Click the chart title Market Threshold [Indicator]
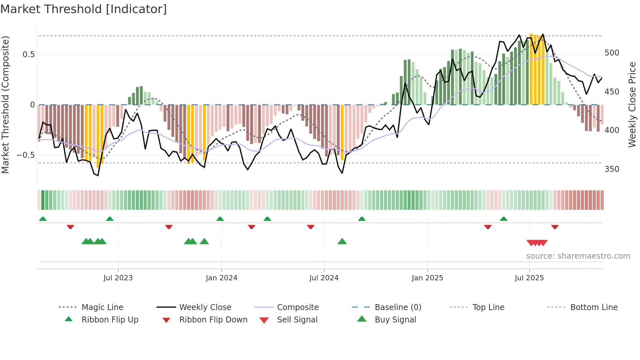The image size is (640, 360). [x=84, y=9]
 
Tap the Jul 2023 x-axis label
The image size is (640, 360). [x=118, y=278]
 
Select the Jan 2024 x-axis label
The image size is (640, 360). [x=221, y=278]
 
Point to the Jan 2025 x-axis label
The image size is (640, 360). [x=427, y=278]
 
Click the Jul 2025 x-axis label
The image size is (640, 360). [x=529, y=278]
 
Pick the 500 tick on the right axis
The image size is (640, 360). [x=612, y=53]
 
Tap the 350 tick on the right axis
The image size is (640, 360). [x=612, y=169]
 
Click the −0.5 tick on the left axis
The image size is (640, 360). [x=25, y=155]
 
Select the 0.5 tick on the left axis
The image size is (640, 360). [x=28, y=55]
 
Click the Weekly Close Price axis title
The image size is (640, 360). [x=632, y=105]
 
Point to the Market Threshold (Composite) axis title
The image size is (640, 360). [x=5, y=105]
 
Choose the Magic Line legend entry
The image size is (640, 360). [x=102, y=307]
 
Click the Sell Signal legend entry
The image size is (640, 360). [x=297, y=320]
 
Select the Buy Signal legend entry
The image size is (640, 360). [x=395, y=320]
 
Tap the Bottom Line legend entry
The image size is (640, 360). [x=594, y=307]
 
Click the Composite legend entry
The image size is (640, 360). [x=297, y=307]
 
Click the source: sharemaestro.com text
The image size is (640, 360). [x=578, y=256]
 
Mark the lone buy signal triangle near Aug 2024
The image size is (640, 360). [x=342, y=241]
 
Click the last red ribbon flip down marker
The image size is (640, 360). [x=554, y=227]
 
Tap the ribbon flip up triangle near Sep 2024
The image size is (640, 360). [x=361, y=219]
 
